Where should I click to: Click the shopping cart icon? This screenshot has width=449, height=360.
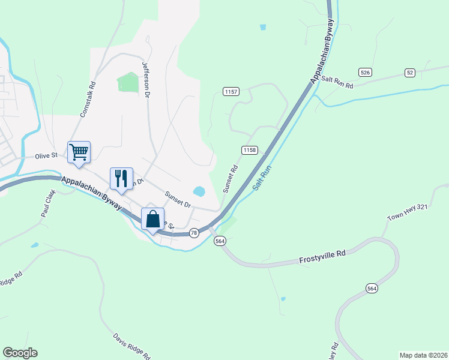(79, 152)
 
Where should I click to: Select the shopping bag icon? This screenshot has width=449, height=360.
(152, 218)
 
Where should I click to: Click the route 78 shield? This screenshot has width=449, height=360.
(193, 233)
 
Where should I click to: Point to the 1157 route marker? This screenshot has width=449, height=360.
(231, 92)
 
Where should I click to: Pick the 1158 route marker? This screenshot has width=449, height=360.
(250, 149)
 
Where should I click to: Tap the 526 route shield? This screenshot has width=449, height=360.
(365, 72)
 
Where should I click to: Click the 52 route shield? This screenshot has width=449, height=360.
(410, 73)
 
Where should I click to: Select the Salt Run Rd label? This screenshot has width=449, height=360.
(337, 82)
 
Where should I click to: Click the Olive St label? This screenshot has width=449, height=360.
(46, 155)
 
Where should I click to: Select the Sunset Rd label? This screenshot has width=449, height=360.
(231, 179)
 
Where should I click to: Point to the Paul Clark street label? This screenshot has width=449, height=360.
(48, 204)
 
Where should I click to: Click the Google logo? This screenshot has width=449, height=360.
(20, 353)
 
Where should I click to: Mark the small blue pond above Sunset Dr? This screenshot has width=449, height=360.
(199, 192)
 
